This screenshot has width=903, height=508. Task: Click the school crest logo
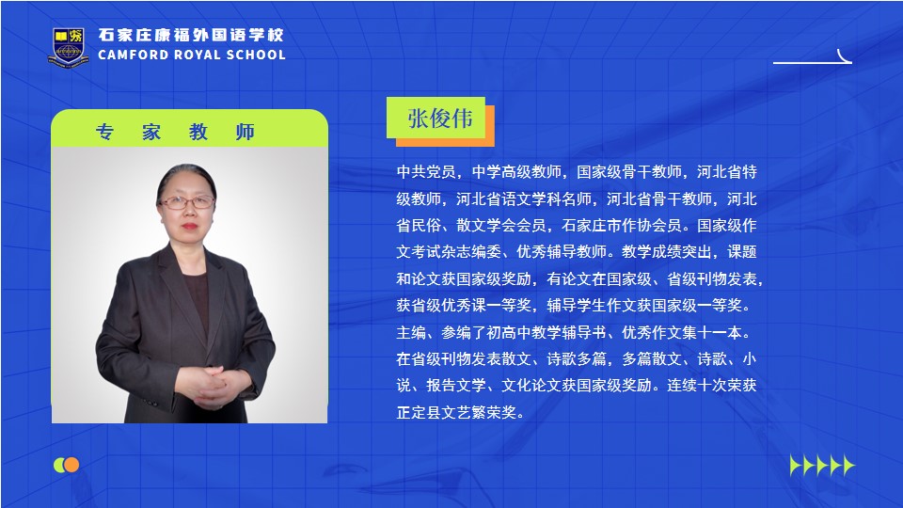[x=69, y=47]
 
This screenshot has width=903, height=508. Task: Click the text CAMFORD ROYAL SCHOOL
[x=192, y=56]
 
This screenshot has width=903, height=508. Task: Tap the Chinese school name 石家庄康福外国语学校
[x=191, y=35]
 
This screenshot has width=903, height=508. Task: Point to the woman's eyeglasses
[x=186, y=202]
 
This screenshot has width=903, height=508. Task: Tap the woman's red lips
[x=189, y=227]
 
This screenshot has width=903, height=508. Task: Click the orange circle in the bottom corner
[x=71, y=465]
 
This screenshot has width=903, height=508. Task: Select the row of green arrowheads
[x=822, y=465]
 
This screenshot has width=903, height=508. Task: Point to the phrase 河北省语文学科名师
[x=524, y=199]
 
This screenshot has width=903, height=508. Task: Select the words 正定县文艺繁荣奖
[x=456, y=412]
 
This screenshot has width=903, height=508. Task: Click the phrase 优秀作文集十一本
[x=681, y=332]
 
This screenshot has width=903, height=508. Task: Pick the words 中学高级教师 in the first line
[x=516, y=171]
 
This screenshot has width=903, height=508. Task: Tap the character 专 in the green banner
[x=104, y=132]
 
